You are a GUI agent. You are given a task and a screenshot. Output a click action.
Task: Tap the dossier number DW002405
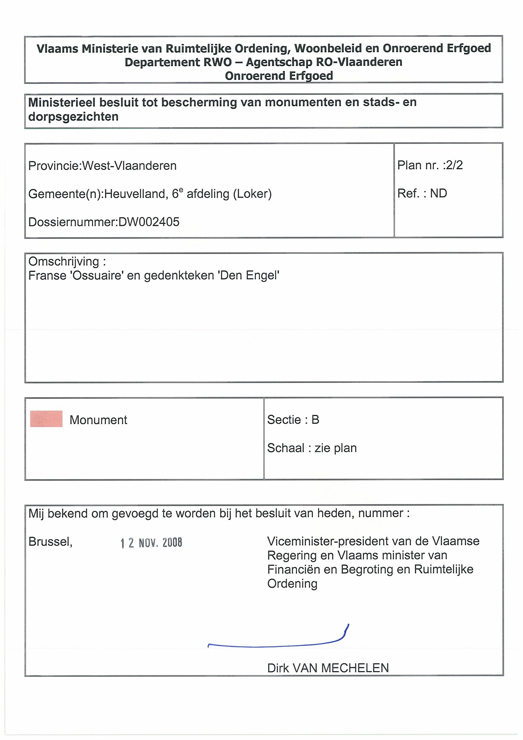pos(149,222)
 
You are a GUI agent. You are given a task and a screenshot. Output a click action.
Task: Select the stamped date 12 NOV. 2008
pos(151,543)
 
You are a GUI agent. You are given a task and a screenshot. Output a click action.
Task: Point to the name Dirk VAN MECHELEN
pos(328,668)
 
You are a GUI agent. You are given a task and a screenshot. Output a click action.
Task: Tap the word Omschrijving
pos(64,262)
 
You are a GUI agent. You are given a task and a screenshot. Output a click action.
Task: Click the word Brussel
pos(50,542)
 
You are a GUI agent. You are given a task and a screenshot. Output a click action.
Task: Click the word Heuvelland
pos(135,194)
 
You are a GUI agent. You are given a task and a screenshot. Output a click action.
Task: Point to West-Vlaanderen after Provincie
pos(129,166)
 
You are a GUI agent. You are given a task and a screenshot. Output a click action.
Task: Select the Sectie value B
pos(315,420)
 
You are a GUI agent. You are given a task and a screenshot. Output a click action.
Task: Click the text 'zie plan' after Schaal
pos(335,448)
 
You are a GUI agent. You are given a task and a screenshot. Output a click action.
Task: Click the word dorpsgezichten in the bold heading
pos(73,117)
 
